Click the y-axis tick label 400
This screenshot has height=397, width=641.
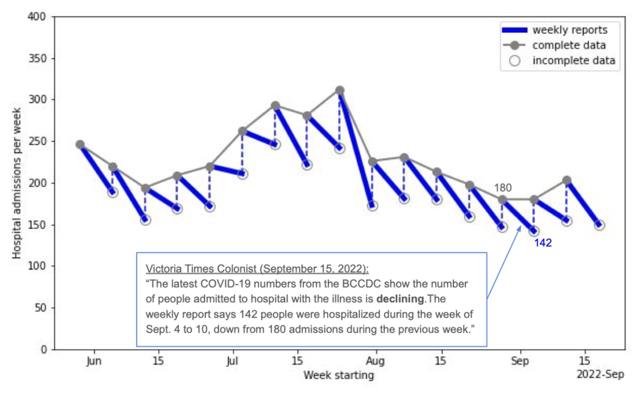(x=37, y=17)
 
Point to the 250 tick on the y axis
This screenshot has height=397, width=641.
(x=37, y=141)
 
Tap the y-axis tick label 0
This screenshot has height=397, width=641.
(x=43, y=349)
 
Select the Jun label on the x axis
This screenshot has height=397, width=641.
(x=94, y=361)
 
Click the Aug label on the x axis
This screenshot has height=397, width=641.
(x=375, y=361)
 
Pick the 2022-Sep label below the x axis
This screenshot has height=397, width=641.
(x=600, y=374)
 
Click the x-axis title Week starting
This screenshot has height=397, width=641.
(x=339, y=375)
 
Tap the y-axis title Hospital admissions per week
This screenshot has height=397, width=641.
(x=17, y=183)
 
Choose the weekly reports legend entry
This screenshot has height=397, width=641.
(x=570, y=30)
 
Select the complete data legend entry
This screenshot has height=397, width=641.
(x=569, y=45)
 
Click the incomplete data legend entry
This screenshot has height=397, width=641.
(x=573, y=60)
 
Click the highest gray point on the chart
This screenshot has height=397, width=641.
(x=340, y=91)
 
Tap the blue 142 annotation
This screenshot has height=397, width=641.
(x=543, y=243)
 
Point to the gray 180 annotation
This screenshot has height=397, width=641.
(x=503, y=188)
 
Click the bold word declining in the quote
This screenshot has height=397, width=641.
(x=400, y=299)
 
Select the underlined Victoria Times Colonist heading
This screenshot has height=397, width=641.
(x=257, y=268)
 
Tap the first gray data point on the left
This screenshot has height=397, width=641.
(x=80, y=145)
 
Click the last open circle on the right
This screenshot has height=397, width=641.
(x=599, y=225)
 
